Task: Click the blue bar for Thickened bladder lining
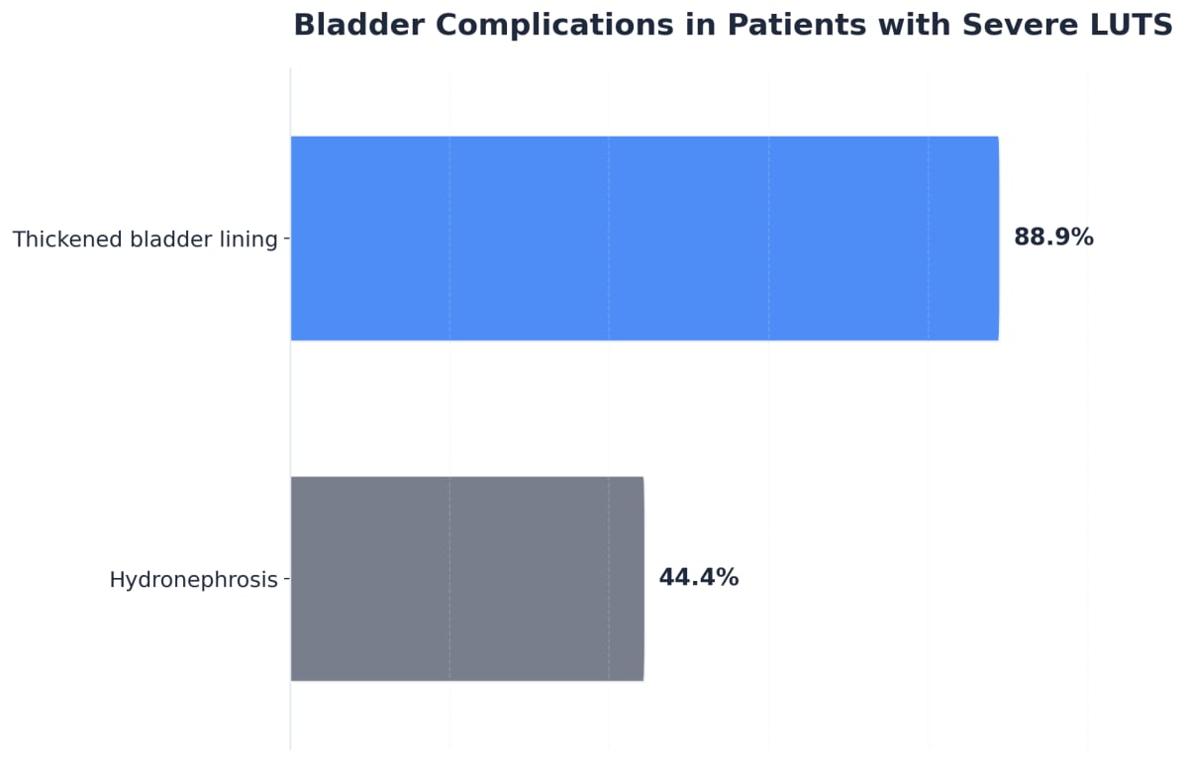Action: [x=643, y=238]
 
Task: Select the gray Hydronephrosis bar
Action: [x=466, y=579]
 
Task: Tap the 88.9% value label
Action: [x=1053, y=238]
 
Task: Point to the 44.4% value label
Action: [x=698, y=579]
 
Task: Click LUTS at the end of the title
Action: [x=1135, y=25]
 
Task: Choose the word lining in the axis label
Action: [x=250, y=240]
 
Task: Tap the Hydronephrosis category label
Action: [x=193, y=581]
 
